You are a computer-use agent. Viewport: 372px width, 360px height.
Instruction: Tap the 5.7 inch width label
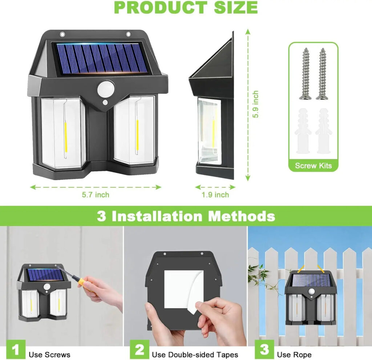coord(96,195)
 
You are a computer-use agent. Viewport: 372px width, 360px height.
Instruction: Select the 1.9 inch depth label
coord(215,195)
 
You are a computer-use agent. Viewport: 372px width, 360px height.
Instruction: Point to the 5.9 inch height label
coord(255,104)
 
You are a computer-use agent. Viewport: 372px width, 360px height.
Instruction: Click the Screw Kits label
coord(313,166)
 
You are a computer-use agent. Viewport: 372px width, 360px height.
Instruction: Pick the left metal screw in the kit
coord(306,74)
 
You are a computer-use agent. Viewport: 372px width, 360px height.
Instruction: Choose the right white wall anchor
coord(324,131)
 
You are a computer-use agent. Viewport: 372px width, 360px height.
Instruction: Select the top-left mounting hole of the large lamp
coord(62,35)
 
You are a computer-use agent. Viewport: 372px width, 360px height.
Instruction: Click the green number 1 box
coord(16,349)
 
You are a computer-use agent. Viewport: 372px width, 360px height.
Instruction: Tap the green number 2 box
coord(139,349)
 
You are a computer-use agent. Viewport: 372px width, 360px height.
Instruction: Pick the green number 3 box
coord(264,349)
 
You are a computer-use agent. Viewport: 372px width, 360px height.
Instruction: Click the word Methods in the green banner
coord(241,216)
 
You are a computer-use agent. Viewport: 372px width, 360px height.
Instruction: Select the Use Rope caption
coord(294,355)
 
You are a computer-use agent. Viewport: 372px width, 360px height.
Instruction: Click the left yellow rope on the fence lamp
coord(301,268)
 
